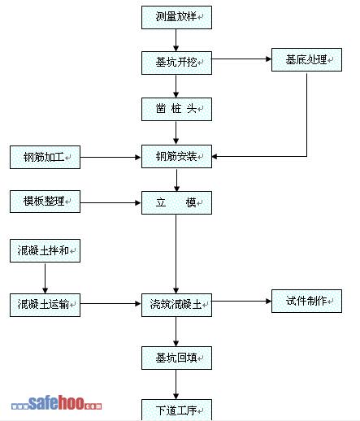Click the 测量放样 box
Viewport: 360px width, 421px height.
[x=176, y=17]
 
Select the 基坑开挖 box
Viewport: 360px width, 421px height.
[x=176, y=63]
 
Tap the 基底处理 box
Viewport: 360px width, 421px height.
[x=306, y=60]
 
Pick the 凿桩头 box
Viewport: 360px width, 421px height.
[x=176, y=109]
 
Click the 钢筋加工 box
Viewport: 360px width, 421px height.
[x=45, y=157]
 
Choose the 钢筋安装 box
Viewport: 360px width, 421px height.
[x=176, y=156]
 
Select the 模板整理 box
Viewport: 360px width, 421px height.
[x=45, y=202]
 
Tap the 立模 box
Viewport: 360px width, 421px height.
[x=176, y=203]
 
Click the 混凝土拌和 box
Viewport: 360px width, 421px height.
[x=45, y=250]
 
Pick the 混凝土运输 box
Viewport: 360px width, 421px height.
[x=45, y=305]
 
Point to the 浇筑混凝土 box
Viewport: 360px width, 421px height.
[x=176, y=305]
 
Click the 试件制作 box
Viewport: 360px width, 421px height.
[x=306, y=302]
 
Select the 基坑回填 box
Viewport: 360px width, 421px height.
[x=176, y=358]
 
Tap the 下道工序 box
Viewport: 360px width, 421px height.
[x=176, y=410]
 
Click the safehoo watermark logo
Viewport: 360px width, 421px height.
[x=57, y=403]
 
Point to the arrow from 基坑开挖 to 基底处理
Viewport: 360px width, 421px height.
[x=241, y=59]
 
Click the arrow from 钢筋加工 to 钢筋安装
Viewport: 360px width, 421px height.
[x=111, y=157]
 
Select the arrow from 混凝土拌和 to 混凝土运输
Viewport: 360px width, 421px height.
[x=45, y=278]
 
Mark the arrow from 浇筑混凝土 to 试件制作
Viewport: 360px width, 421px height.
[x=241, y=301]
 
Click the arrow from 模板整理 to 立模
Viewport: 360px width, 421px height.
[x=111, y=202]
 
